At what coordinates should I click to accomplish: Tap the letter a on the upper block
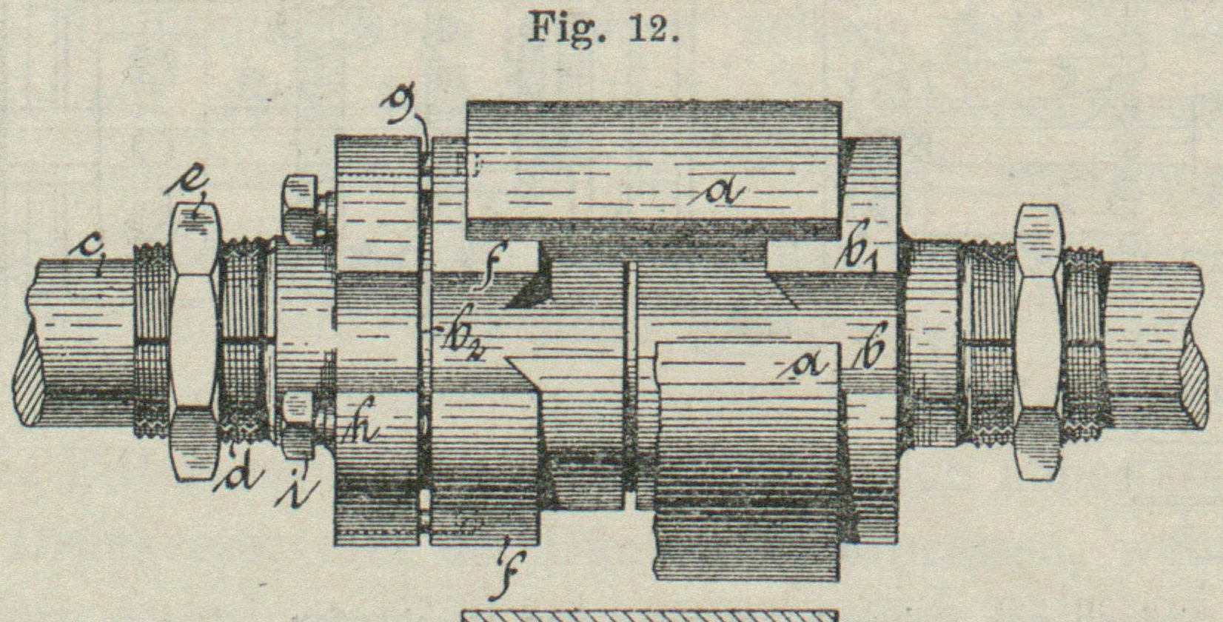tap(723, 191)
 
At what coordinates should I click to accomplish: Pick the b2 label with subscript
tap(461, 341)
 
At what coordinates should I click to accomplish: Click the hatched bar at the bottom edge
tap(650, 615)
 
